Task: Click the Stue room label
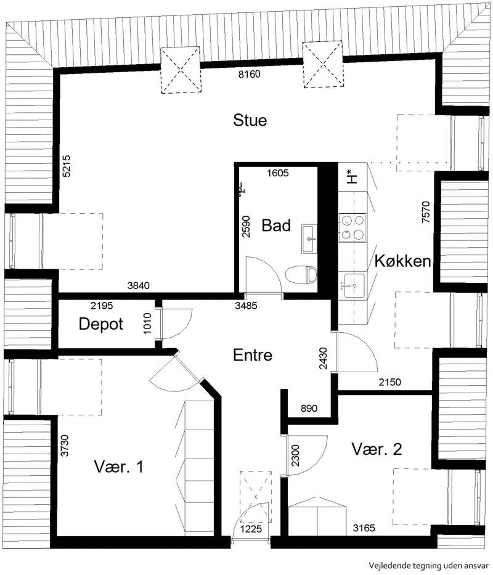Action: (x=250, y=120)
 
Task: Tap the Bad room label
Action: (x=276, y=225)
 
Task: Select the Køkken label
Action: (x=402, y=261)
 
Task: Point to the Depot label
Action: (x=101, y=324)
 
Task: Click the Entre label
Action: (x=253, y=355)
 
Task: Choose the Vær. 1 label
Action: (x=118, y=467)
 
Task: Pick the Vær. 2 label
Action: (x=377, y=449)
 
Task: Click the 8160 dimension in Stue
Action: (x=250, y=74)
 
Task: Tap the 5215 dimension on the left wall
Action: (x=67, y=166)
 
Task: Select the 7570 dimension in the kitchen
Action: (x=425, y=212)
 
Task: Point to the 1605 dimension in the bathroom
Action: (x=278, y=173)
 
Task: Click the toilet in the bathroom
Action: (x=301, y=275)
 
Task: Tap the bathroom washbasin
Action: (x=309, y=239)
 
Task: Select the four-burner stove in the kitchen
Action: (x=352, y=227)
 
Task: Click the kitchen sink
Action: (x=352, y=286)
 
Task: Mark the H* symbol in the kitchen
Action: (x=351, y=176)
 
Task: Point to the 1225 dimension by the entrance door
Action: (x=251, y=529)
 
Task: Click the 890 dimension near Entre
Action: (x=309, y=408)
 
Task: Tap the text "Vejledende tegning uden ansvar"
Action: (x=429, y=566)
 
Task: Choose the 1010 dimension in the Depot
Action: (x=147, y=324)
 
